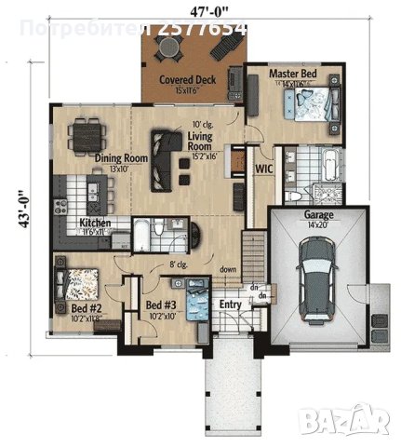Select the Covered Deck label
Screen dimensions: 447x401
click(x=187, y=80)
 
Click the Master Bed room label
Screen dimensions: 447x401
click(x=295, y=73)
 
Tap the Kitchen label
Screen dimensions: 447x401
click(x=96, y=223)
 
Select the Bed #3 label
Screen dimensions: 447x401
click(x=160, y=305)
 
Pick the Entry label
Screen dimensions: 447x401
click(x=229, y=305)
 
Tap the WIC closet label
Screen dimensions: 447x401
click(x=262, y=169)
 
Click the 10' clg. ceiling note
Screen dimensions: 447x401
click(x=202, y=125)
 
